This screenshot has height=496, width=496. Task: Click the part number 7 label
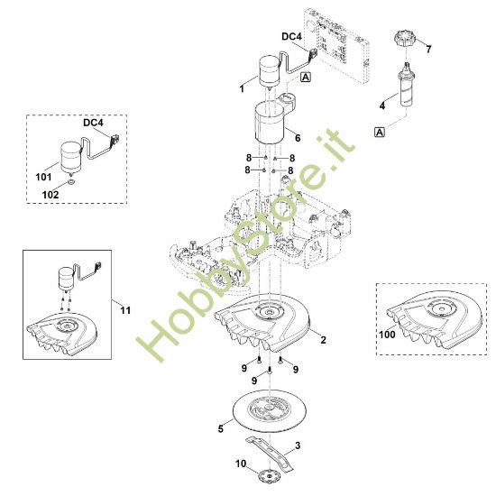click(428, 49)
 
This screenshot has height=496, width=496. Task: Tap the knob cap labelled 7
click(405, 39)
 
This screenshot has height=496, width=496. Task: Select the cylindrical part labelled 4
click(406, 86)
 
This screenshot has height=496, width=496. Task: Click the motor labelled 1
click(270, 72)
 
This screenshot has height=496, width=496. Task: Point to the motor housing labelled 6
click(269, 123)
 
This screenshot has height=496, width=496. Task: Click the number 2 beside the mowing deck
click(323, 340)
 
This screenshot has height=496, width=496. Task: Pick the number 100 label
click(387, 335)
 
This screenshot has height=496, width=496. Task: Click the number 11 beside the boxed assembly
click(125, 310)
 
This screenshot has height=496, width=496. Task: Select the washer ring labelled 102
click(71, 182)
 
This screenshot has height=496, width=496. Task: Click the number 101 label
click(43, 177)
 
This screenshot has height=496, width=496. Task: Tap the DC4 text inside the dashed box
click(93, 123)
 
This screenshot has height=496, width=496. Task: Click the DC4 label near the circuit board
click(291, 37)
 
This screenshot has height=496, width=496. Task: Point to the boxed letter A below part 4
click(380, 132)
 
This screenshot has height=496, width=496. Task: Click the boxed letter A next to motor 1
click(306, 77)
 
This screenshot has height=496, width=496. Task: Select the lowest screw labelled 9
click(270, 370)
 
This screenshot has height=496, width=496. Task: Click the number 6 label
click(298, 138)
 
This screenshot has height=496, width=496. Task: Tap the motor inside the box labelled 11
click(66, 279)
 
